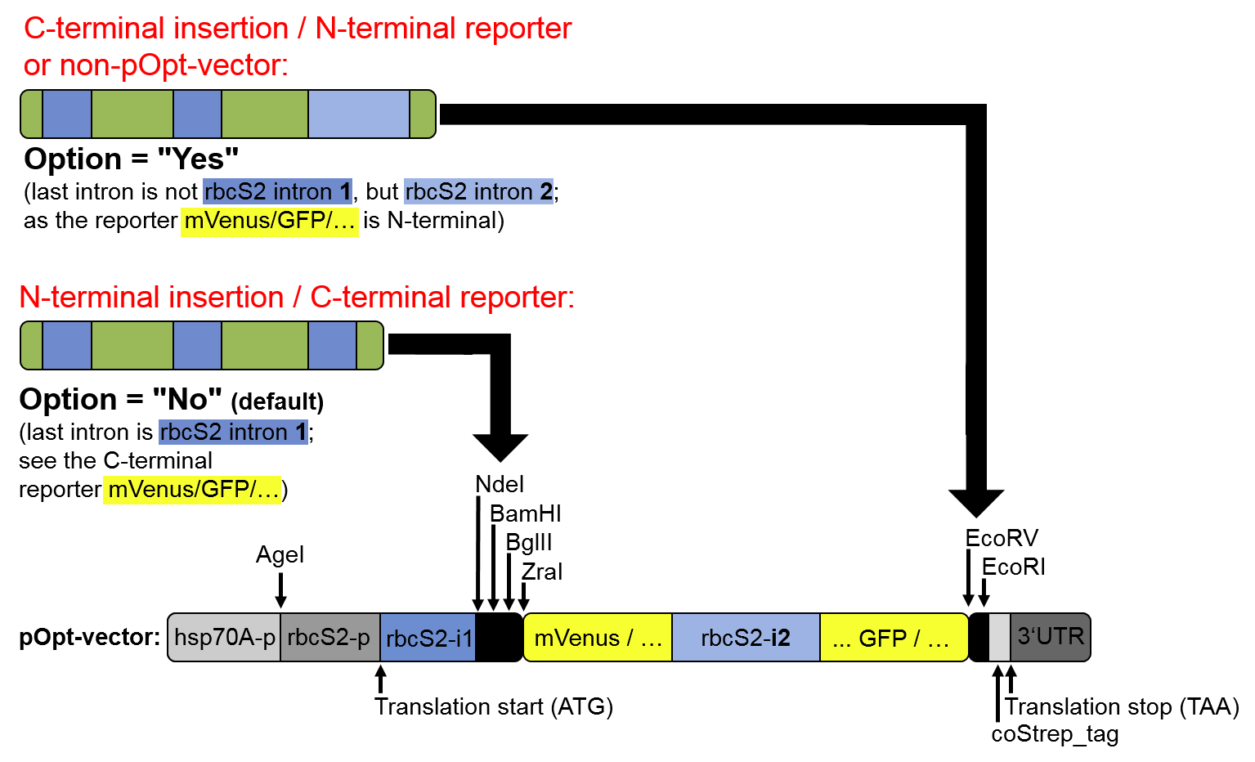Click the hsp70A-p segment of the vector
click(x=225, y=638)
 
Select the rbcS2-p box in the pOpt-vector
click(x=329, y=638)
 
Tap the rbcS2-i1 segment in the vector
click(x=428, y=638)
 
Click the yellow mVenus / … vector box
click(x=598, y=638)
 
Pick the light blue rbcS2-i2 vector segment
click(x=746, y=638)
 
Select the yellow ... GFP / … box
click(x=893, y=638)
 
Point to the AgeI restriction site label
click(x=280, y=555)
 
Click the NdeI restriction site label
click(x=500, y=485)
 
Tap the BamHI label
click(x=525, y=514)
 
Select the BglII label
click(x=529, y=543)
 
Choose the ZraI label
click(x=542, y=572)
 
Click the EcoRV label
click(x=1002, y=539)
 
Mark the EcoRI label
click(x=1013, y=567)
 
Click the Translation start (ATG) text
click(x=494, y=707)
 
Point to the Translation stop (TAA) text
click(x=1122, y=707)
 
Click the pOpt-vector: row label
click(x=90, y=638)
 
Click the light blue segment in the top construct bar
click(x=358, y=114)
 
